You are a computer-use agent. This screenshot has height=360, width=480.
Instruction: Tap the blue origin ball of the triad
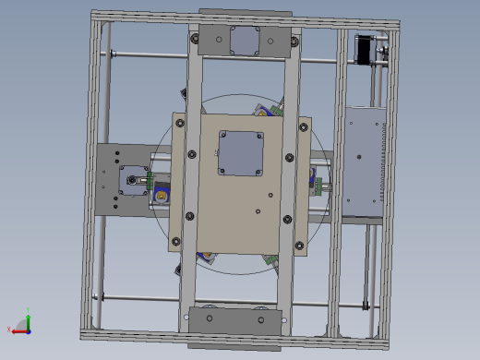[28, 330]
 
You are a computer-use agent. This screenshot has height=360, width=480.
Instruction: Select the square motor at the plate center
[241, 152]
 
